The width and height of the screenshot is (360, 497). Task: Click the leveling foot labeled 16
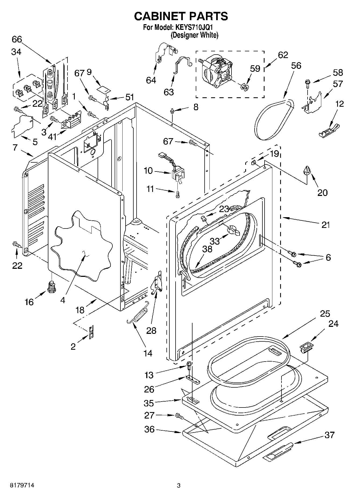click(52, 287)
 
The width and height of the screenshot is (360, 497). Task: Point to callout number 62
click(283, 55)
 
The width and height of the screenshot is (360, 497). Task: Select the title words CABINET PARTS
click(181, 16)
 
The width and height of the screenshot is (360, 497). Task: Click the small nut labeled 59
click(244, 87)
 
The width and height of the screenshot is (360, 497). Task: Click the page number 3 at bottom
click(179, 485)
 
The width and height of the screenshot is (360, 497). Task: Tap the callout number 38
click(207, 249)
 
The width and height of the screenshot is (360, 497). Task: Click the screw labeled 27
click(180, 416)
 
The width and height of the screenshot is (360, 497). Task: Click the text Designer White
click(194, 35)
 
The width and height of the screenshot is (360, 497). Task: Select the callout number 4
click(63, 300)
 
